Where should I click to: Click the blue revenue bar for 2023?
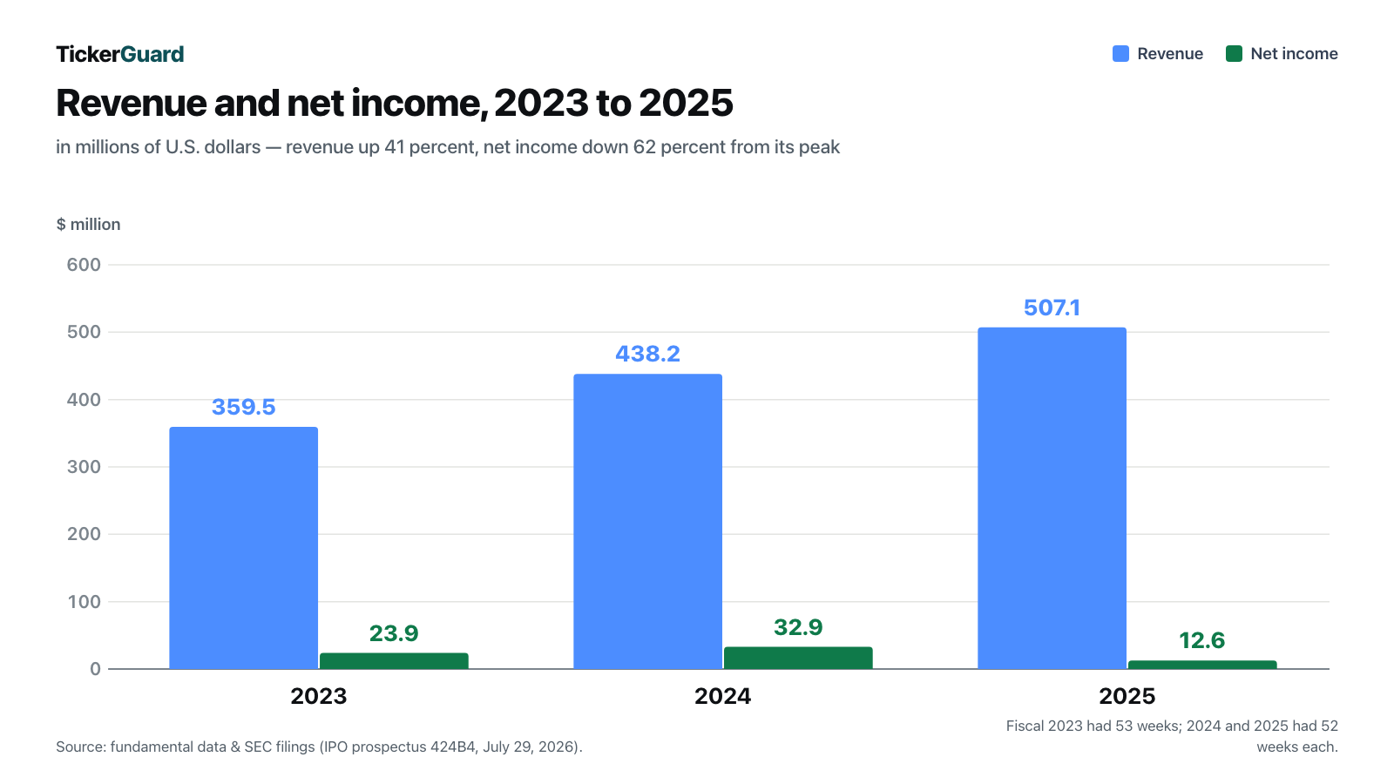(243, 548)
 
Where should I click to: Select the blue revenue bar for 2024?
(648, 522)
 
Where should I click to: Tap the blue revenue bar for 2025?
(1052, 498)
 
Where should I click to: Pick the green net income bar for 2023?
(394, 661)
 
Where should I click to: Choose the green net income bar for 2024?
(798, 659)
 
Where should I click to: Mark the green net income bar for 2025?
(1202, 666)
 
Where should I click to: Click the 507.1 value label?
(1052, 308)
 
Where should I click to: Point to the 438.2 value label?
(648, 354)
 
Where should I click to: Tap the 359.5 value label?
(243, 407)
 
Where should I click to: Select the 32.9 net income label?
(798, 627)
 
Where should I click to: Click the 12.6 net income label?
(1202, 640)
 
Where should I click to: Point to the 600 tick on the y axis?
(84, 265)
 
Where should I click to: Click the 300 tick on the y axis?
(84, 467)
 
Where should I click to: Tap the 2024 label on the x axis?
(722, 696)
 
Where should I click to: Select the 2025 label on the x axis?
(1127, 696)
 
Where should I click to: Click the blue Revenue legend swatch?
(1120, 54)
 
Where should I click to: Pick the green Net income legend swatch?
(1234, 54)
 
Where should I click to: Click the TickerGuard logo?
(120, 54)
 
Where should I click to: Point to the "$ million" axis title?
(88, 225)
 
